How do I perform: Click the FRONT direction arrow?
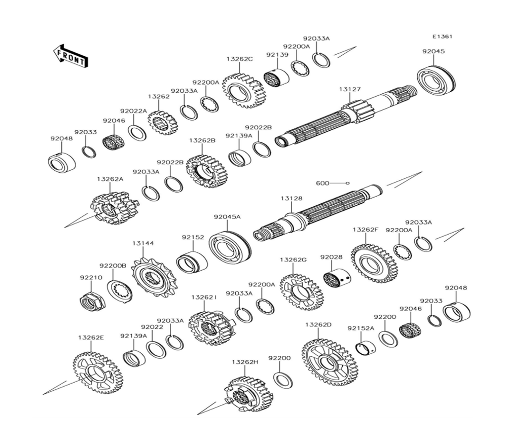[x=70, y=55]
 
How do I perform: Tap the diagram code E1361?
[x=442, y=36]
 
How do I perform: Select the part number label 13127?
[x=350, y=89]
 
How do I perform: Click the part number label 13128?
[x=292, y=199]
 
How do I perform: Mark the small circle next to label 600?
[x=348, y=182]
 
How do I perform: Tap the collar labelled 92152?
[x=192, y=262]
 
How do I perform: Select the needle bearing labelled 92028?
[x=337, y=278]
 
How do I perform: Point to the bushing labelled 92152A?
[x=365, y=348]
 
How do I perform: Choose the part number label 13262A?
[x=110, y=179]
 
